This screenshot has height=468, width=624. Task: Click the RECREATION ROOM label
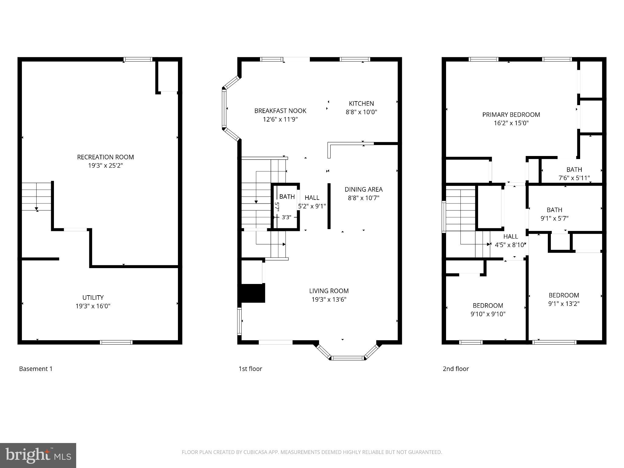[x=105, y=157]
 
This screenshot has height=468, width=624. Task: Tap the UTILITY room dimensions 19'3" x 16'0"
[x=93, y=306]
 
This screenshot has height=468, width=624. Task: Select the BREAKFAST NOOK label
[x=280, y=111]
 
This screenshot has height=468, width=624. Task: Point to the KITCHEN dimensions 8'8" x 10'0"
[x=361, y=112]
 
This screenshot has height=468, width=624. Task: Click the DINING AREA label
[x=363, y=190]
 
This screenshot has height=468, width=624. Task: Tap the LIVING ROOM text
[x=329, y=291]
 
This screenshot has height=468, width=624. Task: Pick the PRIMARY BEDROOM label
[x=511, y=115]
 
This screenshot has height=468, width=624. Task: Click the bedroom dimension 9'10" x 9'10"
[x=488, y=314]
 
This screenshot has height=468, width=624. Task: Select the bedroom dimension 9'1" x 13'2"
[x=564, y=303]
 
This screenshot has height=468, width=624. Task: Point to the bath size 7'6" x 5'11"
[x=574, y=178]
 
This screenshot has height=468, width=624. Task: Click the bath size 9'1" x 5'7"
[x=555, y=218]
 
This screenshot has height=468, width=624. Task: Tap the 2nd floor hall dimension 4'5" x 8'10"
[x=511, y=245]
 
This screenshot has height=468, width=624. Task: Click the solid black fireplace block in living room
[x=253, y=293]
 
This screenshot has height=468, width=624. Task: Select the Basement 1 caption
[x=36, y=369]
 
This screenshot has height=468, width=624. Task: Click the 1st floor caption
[x=250, y=369]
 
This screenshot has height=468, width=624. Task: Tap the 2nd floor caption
[x=456, y=369]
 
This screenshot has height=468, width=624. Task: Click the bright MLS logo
[x=38, y=455]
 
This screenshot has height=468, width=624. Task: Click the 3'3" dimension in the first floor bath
[x=286, y=217]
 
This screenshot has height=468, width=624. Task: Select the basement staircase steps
[x=36, y=197]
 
